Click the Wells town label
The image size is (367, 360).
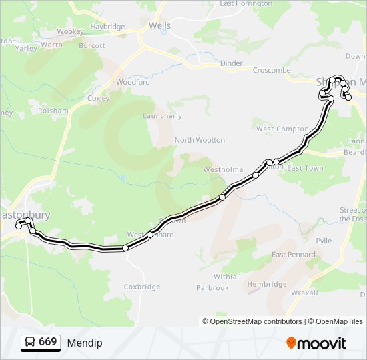[x=159, y=26]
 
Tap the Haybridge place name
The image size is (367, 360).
[x=107, y=27]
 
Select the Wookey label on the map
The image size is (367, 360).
[x=70, y=31]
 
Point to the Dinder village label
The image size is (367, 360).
[x=231, y=63]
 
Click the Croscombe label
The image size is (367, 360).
[x=272, y=69]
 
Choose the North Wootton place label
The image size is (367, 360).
[x=200, y=140]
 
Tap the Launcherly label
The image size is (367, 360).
[x=162, y=116]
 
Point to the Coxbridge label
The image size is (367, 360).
[x=142, y=287]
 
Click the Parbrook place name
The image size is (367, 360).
[x=212, y=288]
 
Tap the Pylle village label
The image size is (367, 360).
[x=324, y=241]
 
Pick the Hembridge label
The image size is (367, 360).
[x=266, y=284]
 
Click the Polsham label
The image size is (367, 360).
[x=54, y=111]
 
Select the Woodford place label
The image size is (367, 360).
[x=133, y=83]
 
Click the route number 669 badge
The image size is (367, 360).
[x=41, y=342]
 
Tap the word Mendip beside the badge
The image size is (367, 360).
[x=85, y=343]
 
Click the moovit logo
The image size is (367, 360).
[x=316, y=343]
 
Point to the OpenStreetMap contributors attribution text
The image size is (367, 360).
[x=252, y=321]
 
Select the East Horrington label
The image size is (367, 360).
[x=246, y=3]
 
